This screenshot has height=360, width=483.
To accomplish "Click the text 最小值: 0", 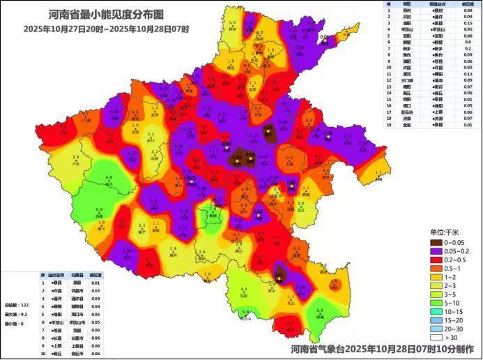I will click(x=14, y=324).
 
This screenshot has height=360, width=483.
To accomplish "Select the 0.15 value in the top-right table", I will click(x=467, y=23).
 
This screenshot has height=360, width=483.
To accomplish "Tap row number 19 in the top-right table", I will click(x=389, y=124).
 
